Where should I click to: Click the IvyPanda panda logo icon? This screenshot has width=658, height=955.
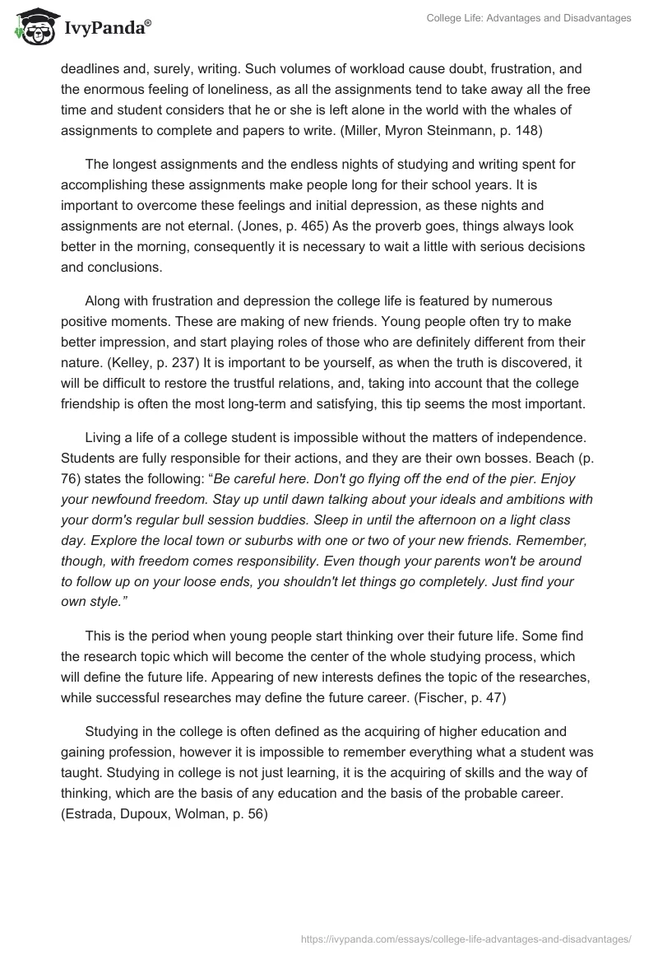(x=33, y=27)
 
